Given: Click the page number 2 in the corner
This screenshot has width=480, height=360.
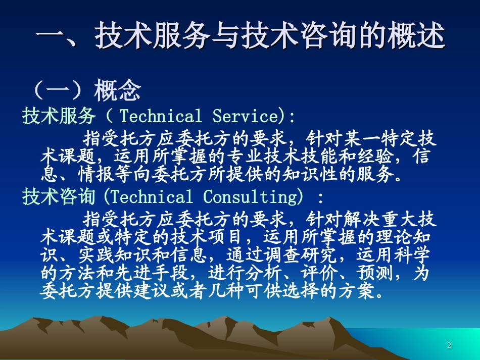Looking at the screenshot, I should tap(449, 345).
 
